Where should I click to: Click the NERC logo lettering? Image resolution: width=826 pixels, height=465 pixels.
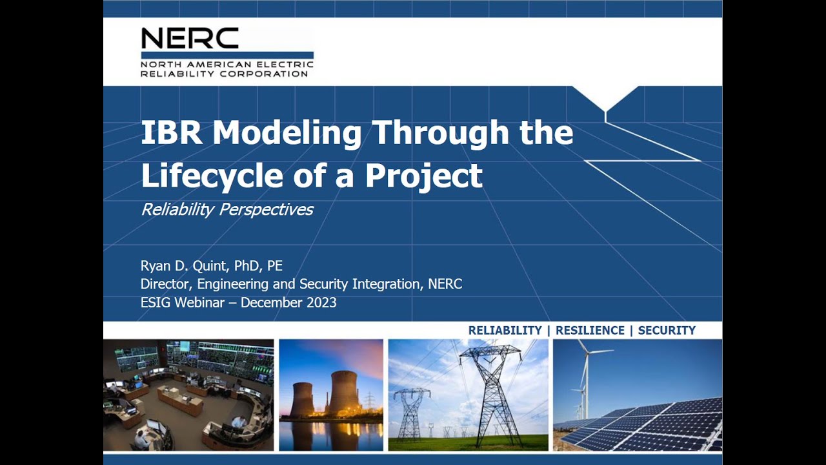[x=190, y=39]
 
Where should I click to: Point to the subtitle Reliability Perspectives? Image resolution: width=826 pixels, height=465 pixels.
[x=227, y=209]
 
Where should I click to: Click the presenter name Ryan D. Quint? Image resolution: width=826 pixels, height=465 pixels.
[x=183, y=266]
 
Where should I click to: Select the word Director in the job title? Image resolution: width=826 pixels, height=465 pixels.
[x=166, y=284]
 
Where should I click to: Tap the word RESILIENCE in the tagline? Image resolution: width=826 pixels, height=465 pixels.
[x=590, y=331]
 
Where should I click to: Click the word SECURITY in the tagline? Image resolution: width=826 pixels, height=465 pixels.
[x=667, y=331]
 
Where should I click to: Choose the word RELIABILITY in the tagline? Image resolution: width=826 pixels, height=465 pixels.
[x=505, y=331]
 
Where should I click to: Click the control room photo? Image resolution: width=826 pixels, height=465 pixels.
[x=188, y=395]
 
